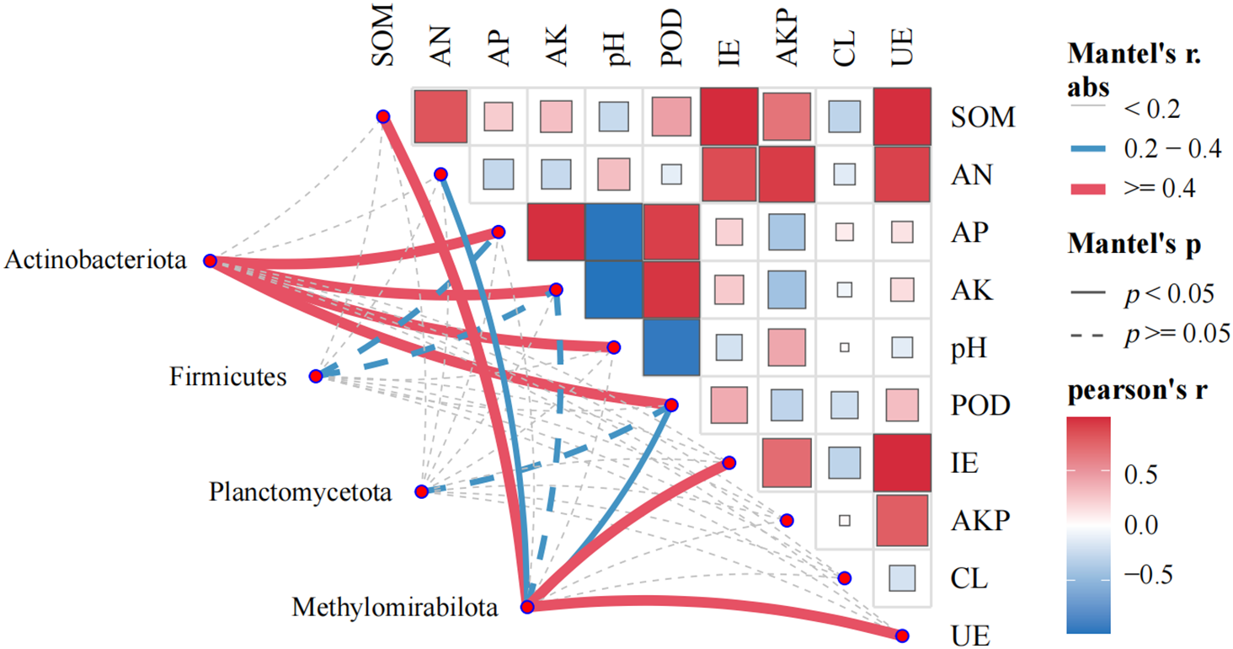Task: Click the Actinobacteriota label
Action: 95,260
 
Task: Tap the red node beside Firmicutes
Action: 316,376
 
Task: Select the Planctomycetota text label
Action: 301,491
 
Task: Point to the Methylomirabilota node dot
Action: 527,607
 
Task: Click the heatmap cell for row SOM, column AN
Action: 440,116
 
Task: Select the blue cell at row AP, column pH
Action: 613,232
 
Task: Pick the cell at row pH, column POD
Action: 671,347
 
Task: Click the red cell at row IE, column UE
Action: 902,463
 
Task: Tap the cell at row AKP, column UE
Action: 902,520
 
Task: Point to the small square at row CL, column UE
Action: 902,578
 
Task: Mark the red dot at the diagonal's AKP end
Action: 787,521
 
